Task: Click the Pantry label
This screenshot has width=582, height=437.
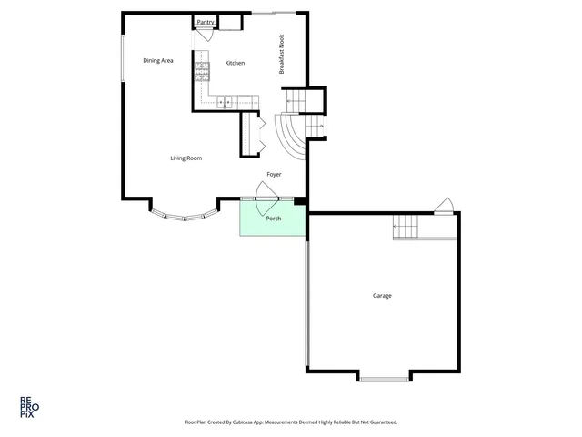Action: (206, 21)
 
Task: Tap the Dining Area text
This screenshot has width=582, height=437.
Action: (158, 61)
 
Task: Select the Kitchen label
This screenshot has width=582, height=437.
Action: (236, 63)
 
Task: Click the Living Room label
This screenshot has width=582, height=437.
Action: (186, 158)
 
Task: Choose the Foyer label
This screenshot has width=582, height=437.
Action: (274, 173)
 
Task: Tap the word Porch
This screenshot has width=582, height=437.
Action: (273, 218)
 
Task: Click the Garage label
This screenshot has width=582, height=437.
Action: (382, 295)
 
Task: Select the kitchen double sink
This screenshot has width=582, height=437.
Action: (225, 101)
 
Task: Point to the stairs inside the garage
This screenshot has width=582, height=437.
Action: (406, 228)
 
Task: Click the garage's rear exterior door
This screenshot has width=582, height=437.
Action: (444, 207)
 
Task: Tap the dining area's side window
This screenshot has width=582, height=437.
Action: (123, 59)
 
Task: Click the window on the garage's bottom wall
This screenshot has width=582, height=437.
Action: (383, 377)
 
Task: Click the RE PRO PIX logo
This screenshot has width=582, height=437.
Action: (29, 405)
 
